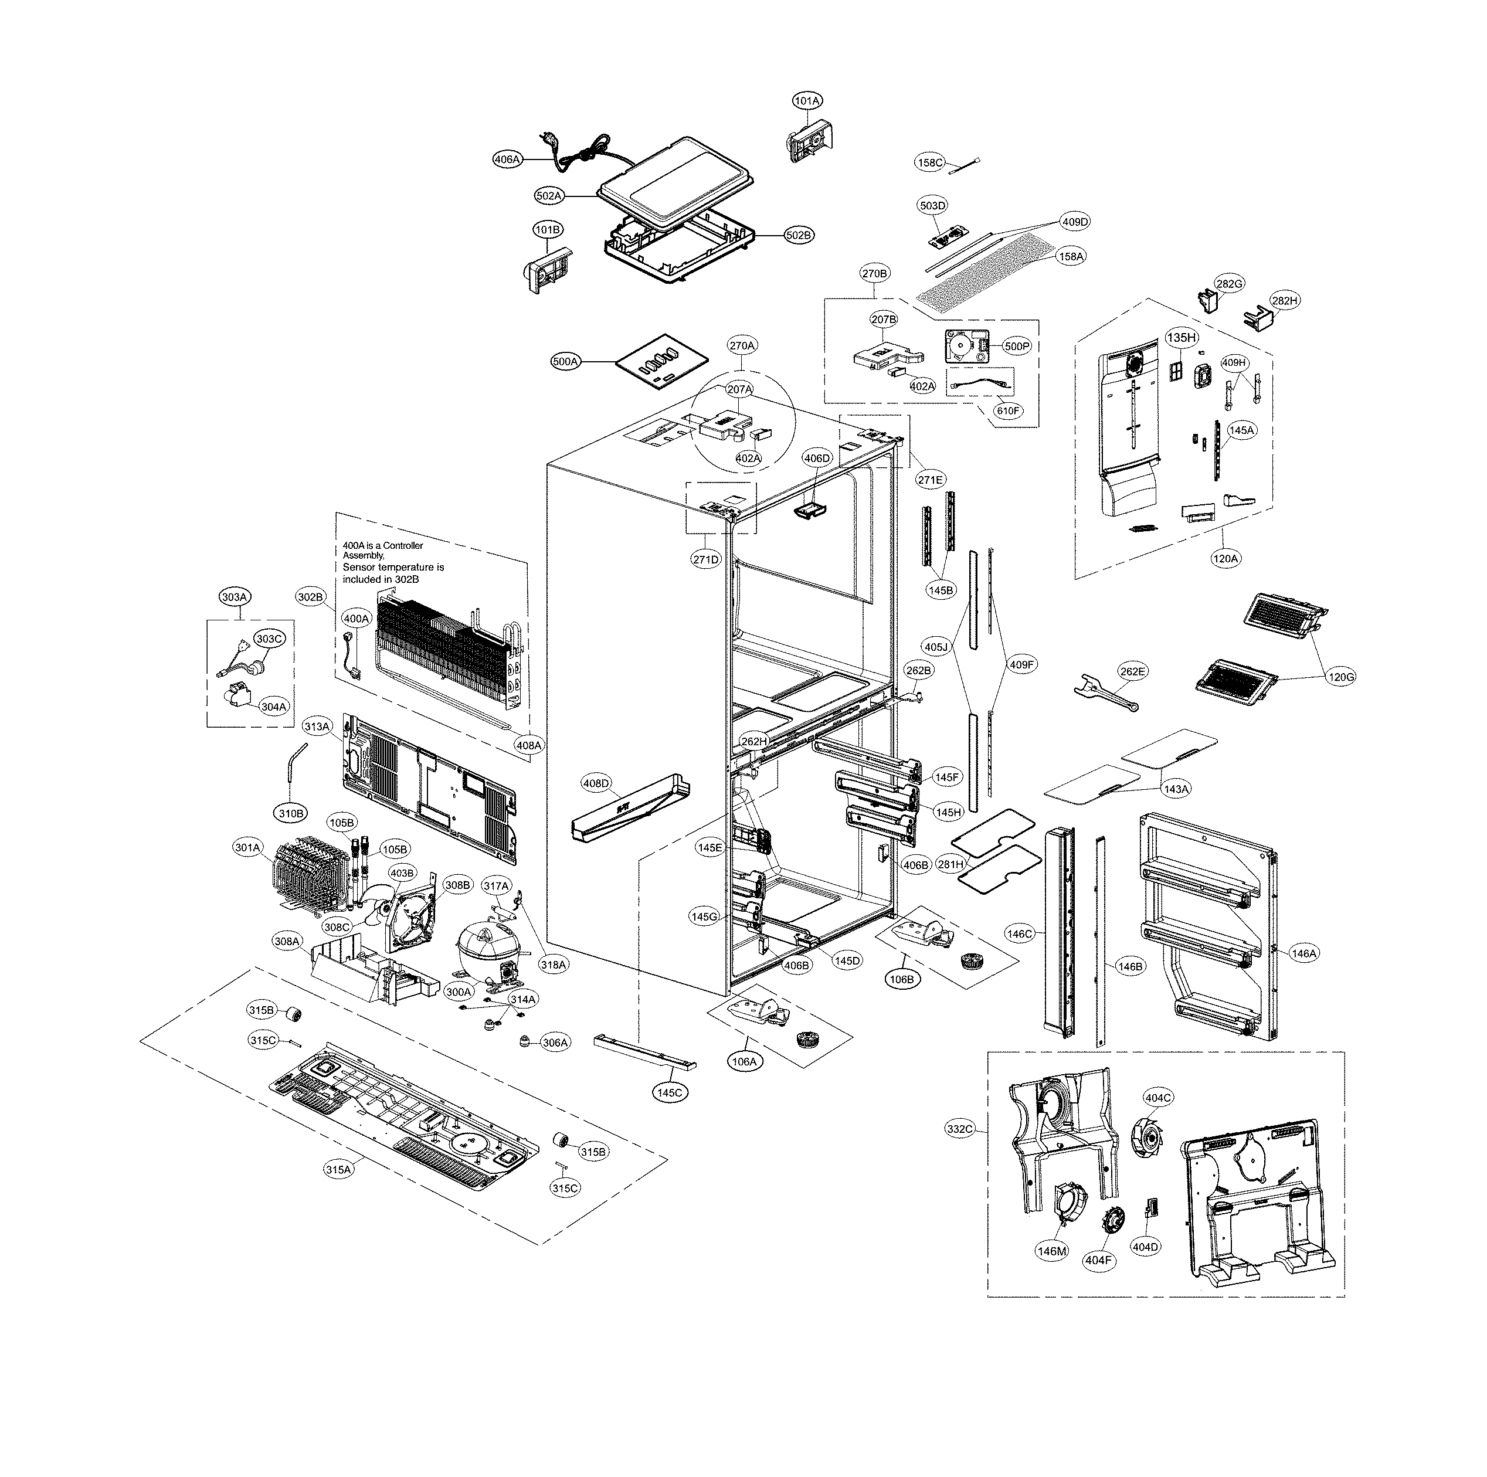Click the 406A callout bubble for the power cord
click(x=507, y=159)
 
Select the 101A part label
click(x=807, y=101)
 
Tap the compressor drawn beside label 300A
click(x=485, y=951)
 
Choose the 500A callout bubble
click(x=566, y=361)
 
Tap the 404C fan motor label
click(x=1159, y=1098)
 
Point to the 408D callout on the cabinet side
click(x=596, y=783)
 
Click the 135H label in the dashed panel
click(x=1182, y=338)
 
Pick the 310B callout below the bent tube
click(x=291, y=813)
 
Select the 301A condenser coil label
click(x=248, y=847)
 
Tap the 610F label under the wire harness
click(x=1009, y=411)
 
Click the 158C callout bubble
click(x=930, y=162)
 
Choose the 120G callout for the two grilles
click(x=1341, y=677)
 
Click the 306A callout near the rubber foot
click(x=555, y=1043)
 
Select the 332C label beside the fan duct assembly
click(x=960, y=1129)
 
